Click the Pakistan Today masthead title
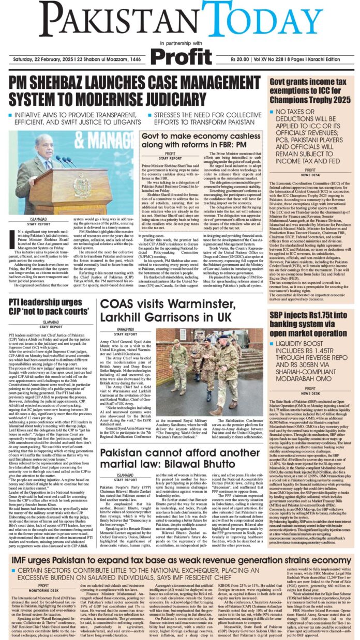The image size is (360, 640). (179, 20)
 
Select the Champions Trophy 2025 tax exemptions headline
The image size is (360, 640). (311, 90)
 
